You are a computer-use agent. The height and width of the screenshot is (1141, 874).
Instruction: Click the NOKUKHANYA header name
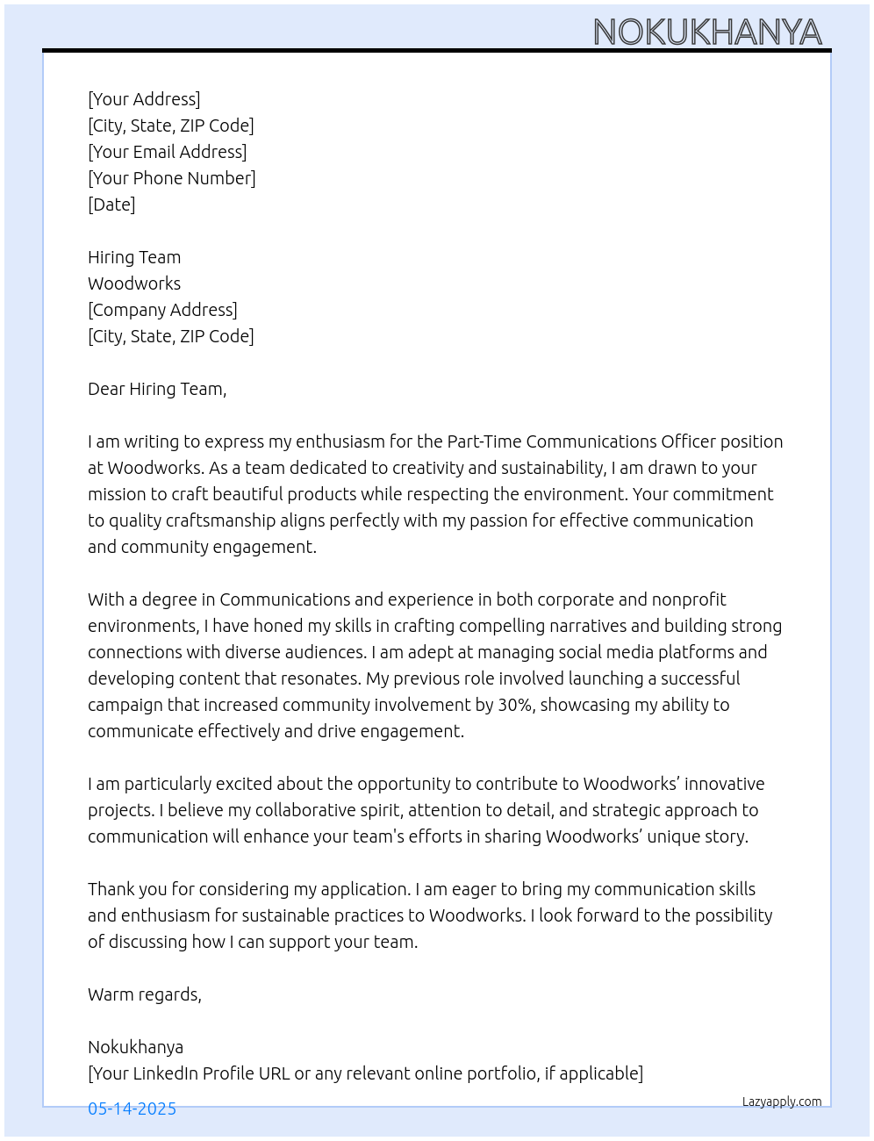tap(707, 32)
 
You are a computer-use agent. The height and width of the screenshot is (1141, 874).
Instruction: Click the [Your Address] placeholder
tap(144, 99)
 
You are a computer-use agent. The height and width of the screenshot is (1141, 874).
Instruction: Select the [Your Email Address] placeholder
tap(167, 152)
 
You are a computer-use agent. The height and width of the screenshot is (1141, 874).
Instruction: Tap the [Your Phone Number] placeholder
tap(171, 178)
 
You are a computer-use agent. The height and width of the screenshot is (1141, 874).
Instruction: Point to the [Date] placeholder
tap(111, 205)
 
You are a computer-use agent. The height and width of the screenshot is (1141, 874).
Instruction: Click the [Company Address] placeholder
tap(162, 310)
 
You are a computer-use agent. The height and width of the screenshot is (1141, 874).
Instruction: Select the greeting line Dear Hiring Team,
tap(157, 389)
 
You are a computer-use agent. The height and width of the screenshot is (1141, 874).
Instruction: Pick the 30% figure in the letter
tap(515, 705)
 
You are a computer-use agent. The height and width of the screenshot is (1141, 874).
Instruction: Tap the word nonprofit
tap(688, 599)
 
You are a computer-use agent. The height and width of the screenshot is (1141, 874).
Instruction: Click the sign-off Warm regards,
tap(145, 994)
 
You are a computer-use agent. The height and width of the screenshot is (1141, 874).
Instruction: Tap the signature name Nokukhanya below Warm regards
tap(135, 1047)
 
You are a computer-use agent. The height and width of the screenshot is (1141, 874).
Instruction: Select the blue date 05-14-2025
tap(132, 1109)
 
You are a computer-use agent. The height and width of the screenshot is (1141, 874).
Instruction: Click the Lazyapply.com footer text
tap(782, 1102)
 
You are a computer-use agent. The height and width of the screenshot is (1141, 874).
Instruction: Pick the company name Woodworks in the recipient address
tap(134, 283)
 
